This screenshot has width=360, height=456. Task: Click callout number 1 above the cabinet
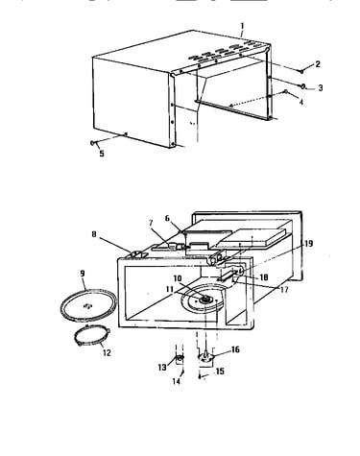point(242,26)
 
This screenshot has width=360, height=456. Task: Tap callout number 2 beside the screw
point(318,64)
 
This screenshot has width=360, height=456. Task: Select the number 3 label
point(321,87)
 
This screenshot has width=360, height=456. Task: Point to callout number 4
point(301,103)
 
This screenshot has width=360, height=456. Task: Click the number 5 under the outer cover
point(102,154)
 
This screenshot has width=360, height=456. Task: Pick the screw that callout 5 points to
point(93,143)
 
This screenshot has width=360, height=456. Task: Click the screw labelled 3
point(301,85)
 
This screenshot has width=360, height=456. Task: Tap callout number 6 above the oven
point(167,218)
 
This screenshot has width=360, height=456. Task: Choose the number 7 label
point(151,223)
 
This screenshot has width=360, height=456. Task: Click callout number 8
point(94,234)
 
